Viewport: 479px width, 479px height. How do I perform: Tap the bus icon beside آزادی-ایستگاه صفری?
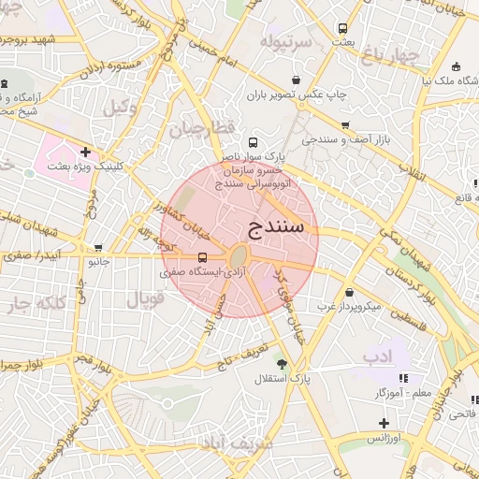(203, 257)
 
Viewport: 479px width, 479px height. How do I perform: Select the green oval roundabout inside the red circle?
(239, 256)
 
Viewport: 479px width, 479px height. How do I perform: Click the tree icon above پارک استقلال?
(281, 363)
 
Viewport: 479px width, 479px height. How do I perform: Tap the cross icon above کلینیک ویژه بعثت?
(85, 152)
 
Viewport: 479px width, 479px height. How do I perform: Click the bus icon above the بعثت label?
(342, 28)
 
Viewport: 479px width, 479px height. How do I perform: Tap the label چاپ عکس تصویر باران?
(297, 94)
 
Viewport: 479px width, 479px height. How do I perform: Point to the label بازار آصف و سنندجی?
(343, 139)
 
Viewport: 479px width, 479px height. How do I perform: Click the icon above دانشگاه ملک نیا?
(456, 66)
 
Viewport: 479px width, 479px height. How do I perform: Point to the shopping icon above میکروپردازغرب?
(348, 292)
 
